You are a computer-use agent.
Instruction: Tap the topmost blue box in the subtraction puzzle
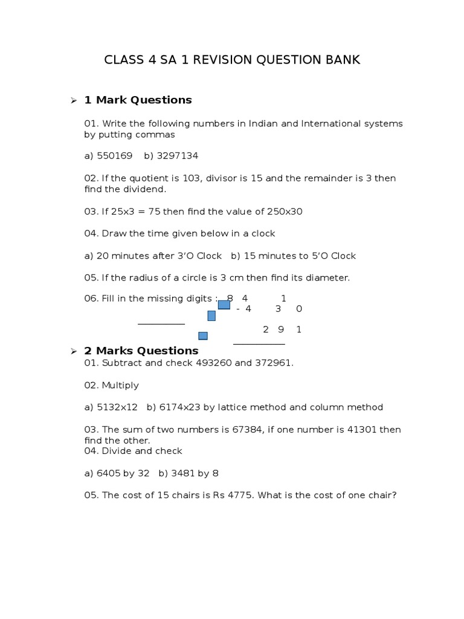click(224, 305)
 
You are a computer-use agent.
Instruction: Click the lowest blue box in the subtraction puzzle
click(203, 336)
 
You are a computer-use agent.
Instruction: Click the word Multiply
click(120, 385)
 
